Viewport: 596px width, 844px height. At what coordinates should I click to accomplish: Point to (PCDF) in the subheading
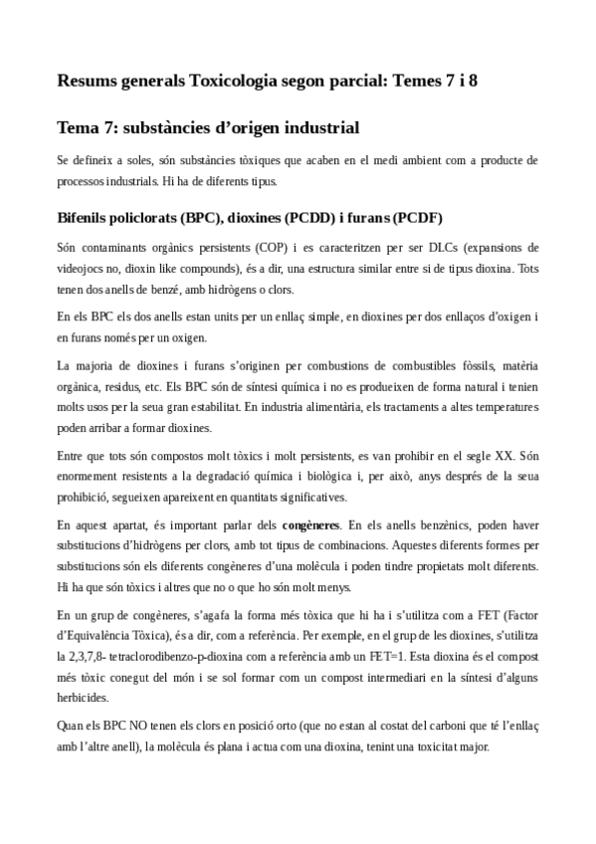coord(418,218)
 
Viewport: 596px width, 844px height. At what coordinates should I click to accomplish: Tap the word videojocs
coord(82,265)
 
